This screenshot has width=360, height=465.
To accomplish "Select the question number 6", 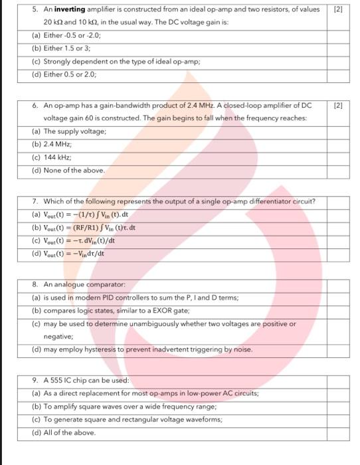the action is tap(35, 106).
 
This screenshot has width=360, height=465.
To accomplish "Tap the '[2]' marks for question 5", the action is tap(337, 11).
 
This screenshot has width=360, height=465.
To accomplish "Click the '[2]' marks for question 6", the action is tap(337, 106).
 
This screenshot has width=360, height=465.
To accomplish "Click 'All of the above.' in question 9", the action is tap(73, 432).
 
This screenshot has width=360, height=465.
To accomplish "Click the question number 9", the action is tap(35, 381).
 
